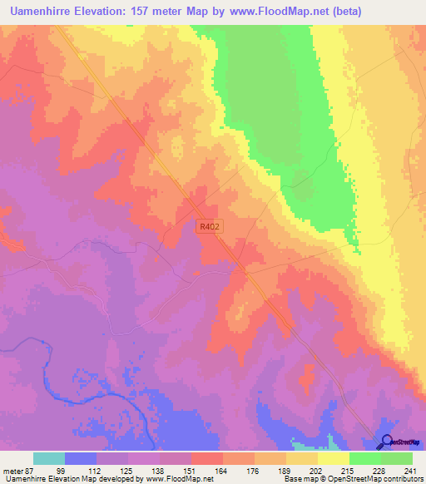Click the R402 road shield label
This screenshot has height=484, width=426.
[x=210, y=225]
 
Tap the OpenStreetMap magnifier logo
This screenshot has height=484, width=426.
[x=386, y=442]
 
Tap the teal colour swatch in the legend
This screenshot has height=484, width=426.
[x=49, y=458]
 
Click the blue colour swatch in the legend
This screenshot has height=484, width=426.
[x=81, y=458]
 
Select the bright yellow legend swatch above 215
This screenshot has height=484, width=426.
[x=333, y=458]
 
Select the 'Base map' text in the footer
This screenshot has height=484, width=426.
[x=298, y=478]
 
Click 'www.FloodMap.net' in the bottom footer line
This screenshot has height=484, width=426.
[x=178, y=478]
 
